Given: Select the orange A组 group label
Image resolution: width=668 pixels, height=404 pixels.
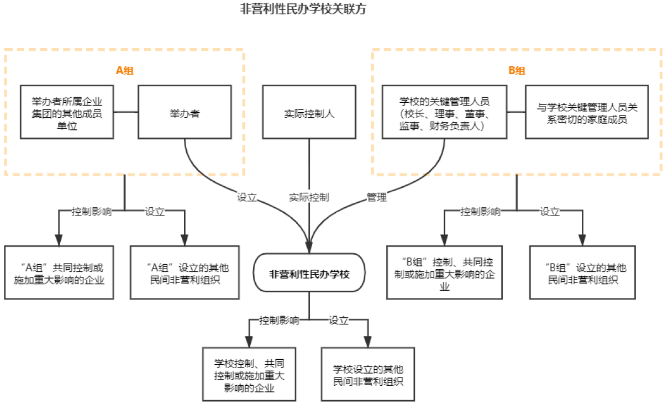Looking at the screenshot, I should (124, 70).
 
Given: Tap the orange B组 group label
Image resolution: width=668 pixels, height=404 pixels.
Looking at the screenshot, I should (517, 70).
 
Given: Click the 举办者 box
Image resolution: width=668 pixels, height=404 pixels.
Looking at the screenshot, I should (185, 112).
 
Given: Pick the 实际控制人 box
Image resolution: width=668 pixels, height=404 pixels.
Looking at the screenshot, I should (309, 112).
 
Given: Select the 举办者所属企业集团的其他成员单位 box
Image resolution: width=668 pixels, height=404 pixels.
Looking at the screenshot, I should (67, 112).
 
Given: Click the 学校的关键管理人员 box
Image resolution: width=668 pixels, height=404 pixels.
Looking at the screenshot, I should (444, 112).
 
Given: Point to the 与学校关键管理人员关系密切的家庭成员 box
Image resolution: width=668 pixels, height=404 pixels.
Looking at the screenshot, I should (586, 112).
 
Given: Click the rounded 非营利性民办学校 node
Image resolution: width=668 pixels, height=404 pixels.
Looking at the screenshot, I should (309, 273).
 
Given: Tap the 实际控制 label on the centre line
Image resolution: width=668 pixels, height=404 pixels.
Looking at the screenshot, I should (309, 197).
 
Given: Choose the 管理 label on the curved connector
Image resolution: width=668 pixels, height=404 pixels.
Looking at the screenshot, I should (377, 197).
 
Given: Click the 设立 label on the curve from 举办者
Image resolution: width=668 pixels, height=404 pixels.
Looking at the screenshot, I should (247, 197).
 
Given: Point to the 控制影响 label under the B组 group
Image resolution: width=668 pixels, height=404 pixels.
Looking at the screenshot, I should (481, 211).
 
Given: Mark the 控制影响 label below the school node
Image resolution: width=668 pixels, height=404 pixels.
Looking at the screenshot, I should (280, 320).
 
